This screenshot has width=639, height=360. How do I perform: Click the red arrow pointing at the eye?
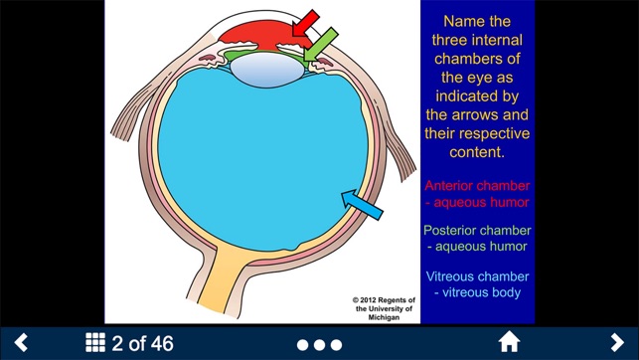tap(306, 23)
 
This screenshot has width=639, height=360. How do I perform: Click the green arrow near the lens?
tap(320, 42)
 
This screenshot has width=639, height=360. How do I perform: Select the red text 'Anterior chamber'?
tap(476, 185)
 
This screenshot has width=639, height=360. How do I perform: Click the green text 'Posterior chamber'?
tap(476, 231)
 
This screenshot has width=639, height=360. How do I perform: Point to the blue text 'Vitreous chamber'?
tap(476, 276)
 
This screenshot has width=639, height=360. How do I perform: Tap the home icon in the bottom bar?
tap(509, 343)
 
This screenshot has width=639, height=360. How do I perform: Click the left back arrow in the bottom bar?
tap(20, 343)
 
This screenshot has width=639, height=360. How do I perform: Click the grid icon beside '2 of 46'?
tap(95, 343)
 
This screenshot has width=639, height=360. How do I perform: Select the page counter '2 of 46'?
tap(142, 343)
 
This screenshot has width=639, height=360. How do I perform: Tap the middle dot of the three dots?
tap(319, 344)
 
